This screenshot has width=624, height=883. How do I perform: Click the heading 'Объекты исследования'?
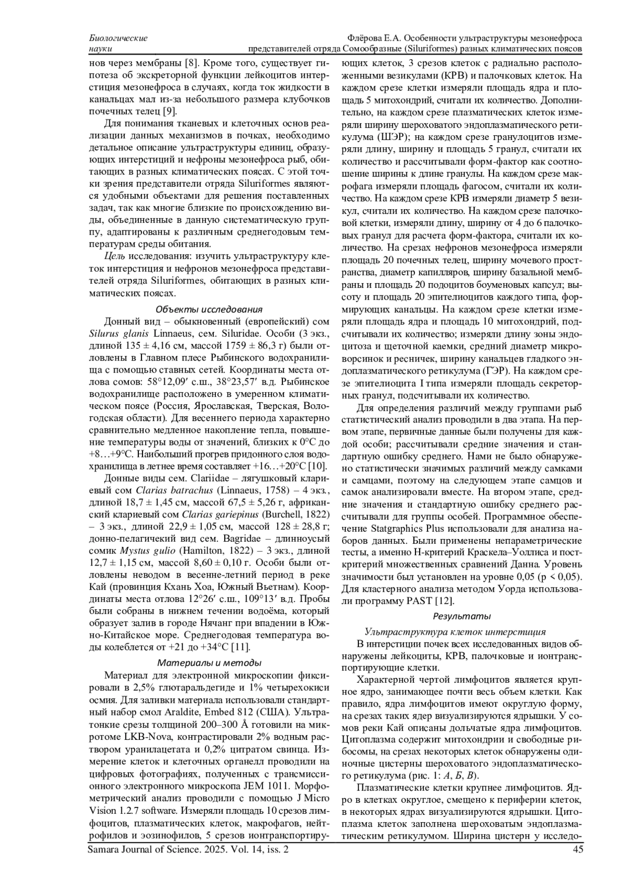point(210,310)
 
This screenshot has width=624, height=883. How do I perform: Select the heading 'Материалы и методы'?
point(209,663)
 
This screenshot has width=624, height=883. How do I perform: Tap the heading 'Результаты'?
point(462,616)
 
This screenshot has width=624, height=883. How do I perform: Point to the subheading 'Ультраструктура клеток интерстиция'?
point(455,632)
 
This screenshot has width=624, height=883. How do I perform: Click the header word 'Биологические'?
point(119,38)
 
